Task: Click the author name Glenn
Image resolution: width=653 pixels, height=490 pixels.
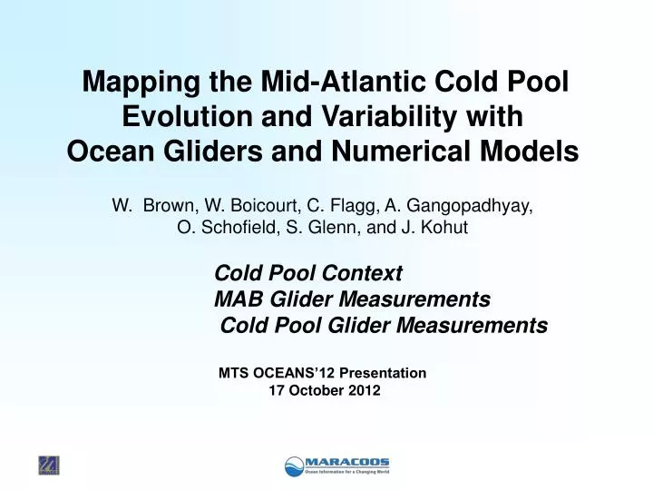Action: point(329,228)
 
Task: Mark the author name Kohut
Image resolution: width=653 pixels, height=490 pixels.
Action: point(444,228)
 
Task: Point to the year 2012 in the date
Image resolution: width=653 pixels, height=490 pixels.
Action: point(363,390)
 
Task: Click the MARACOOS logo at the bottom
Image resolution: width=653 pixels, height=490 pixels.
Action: point(336,465)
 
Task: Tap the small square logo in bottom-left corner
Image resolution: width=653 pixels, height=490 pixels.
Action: point(48,465)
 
